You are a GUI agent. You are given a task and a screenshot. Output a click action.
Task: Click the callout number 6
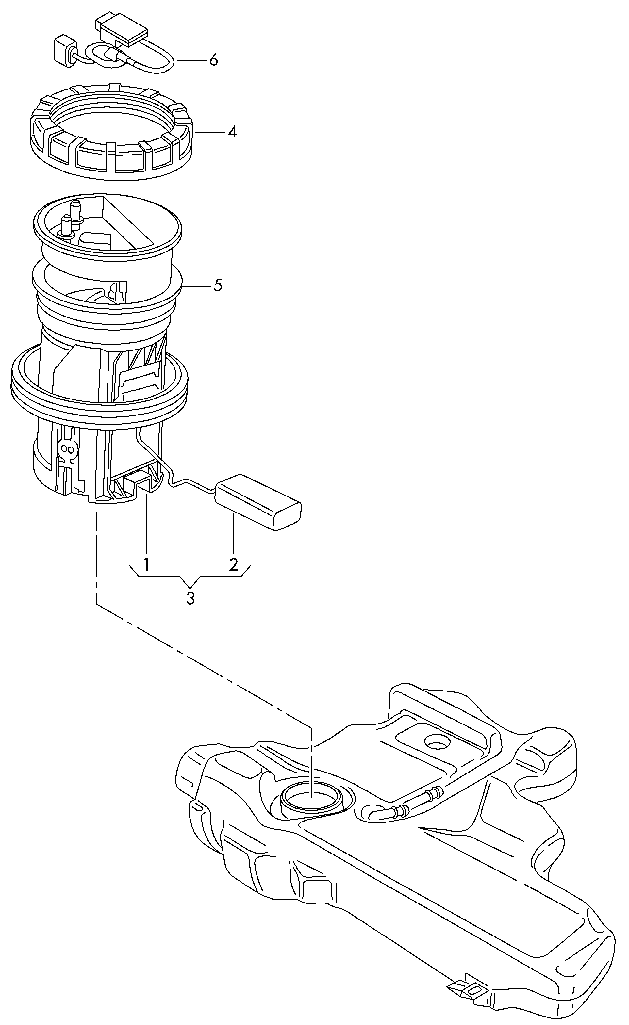coord(213,60)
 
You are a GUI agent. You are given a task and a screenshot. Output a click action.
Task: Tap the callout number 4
coord(232,132)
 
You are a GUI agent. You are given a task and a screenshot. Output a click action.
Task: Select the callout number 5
coord(218,285)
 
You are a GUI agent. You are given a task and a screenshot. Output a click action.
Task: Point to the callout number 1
coord(146,564)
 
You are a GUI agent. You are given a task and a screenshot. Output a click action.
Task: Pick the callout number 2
coord(233,564)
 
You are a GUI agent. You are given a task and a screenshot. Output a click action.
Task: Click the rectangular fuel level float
coord(258,502)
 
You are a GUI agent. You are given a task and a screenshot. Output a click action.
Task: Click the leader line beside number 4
coord(210,132)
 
